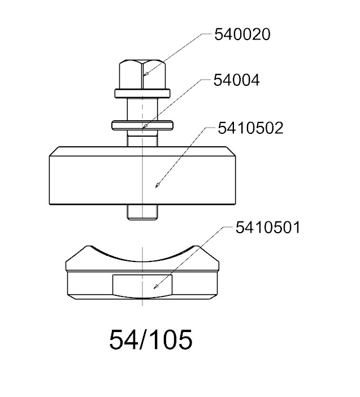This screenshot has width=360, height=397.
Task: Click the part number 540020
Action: tap(242, 34)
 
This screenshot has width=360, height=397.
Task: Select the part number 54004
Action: tap(236, 80)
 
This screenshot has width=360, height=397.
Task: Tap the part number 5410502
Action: tap(250, 128)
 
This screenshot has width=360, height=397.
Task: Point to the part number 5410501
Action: tap(268, 228)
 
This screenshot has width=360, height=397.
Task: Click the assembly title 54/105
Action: tap(151, 340)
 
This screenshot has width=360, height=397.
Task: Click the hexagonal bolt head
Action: tap(142, 75)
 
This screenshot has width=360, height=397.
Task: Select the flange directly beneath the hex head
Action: tap(142, 93)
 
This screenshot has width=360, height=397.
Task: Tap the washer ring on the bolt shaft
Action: tap(142, 125)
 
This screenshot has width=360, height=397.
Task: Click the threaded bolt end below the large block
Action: tap(142, 212)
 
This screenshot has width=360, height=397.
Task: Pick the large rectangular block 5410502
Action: tap(142, 176)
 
